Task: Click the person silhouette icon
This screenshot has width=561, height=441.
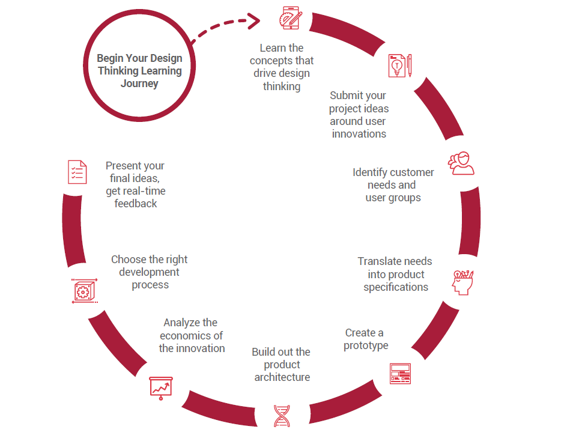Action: pos(461,163)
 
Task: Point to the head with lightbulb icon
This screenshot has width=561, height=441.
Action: pos(462,282)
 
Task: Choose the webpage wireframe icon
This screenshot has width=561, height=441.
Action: pos(400,373)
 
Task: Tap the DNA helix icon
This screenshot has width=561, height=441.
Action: pos(282,415)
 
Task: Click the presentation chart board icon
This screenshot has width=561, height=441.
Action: pos(160,387)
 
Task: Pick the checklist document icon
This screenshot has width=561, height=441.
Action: pos(77,172)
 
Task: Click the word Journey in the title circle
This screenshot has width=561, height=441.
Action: pos(139,84)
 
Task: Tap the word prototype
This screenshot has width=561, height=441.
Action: pos(366,345)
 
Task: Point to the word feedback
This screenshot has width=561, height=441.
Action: pos(136,204)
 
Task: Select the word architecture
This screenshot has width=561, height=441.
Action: pos(282,377)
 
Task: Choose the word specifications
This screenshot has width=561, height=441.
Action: pos(396,287)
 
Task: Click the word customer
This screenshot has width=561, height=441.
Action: pos(412,172)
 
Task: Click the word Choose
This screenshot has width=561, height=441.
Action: pos(129,260)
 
